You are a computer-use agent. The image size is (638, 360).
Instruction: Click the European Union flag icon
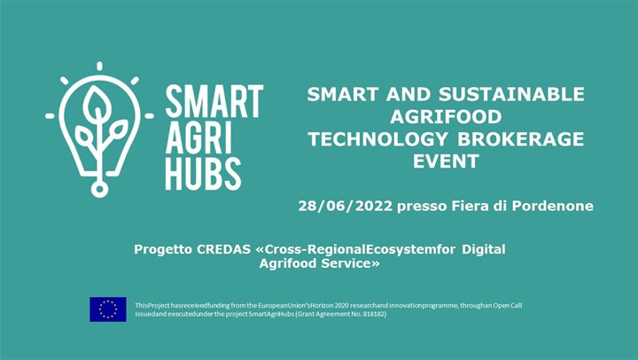(108, 309)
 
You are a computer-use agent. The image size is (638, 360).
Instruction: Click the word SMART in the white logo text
(214, 100)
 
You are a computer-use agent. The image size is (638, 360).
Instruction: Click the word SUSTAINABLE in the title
(515, 95)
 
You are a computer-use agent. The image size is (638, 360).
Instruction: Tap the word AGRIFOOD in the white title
(446, 117)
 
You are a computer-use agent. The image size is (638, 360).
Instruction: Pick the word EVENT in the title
(445, 161)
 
